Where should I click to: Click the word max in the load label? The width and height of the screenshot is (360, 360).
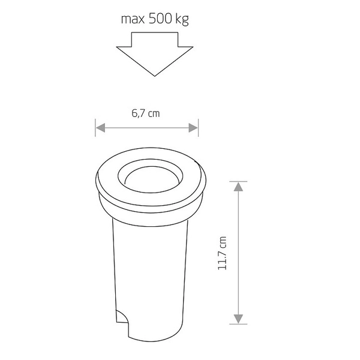[133, 20]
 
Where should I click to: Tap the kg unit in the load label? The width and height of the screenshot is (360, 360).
[181, 20]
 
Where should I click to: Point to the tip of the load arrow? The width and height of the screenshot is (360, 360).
[155, 75]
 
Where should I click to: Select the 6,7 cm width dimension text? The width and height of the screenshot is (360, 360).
[146, 113]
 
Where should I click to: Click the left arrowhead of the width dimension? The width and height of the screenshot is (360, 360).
[100, 127]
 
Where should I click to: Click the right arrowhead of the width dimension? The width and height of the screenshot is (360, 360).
[193, 127]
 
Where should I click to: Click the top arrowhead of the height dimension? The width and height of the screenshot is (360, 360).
[238, 186]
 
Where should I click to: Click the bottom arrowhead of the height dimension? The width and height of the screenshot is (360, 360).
[238, 319]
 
